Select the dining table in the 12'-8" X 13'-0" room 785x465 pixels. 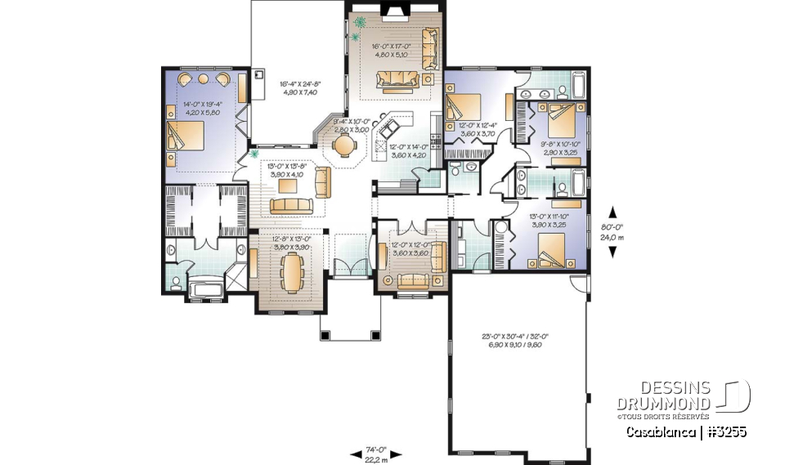point(292,271)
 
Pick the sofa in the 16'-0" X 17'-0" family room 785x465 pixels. point(397,79)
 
